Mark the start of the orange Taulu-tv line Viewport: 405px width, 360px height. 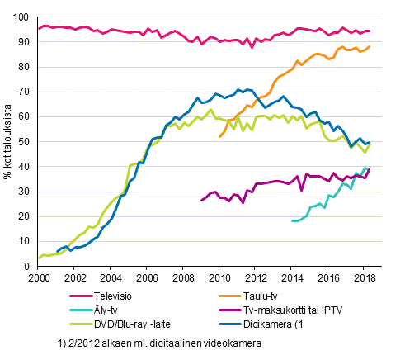point(219,136)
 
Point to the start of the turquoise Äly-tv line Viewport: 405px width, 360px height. point(292,220)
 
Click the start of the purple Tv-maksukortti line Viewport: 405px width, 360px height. point(201,200)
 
